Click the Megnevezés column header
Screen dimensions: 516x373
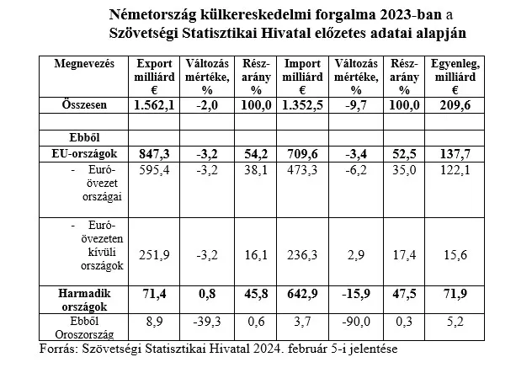[84, 63]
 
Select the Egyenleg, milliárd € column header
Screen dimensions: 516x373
[455, 77]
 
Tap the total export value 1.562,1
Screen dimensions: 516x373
[154, 105]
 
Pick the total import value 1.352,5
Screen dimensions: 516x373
[302, 105]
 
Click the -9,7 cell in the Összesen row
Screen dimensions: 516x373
[356, 105]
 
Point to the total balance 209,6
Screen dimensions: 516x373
[455, 105]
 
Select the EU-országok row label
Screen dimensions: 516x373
[84, 154]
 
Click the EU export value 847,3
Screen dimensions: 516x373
[154, 154]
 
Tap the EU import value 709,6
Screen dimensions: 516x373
[302, 154]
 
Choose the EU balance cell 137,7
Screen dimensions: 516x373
[455, 154]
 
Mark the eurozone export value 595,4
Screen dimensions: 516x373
[154, 170]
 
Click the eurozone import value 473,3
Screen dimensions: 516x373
[302, 170]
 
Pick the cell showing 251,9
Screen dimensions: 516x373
[154, 255]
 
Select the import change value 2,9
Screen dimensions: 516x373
[356, 255]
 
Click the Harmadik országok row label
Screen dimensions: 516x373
[84, 300]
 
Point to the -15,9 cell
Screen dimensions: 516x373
[356, 293]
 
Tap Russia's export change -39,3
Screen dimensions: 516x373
[207, 321]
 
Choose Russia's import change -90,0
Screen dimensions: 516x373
[356, 321]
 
